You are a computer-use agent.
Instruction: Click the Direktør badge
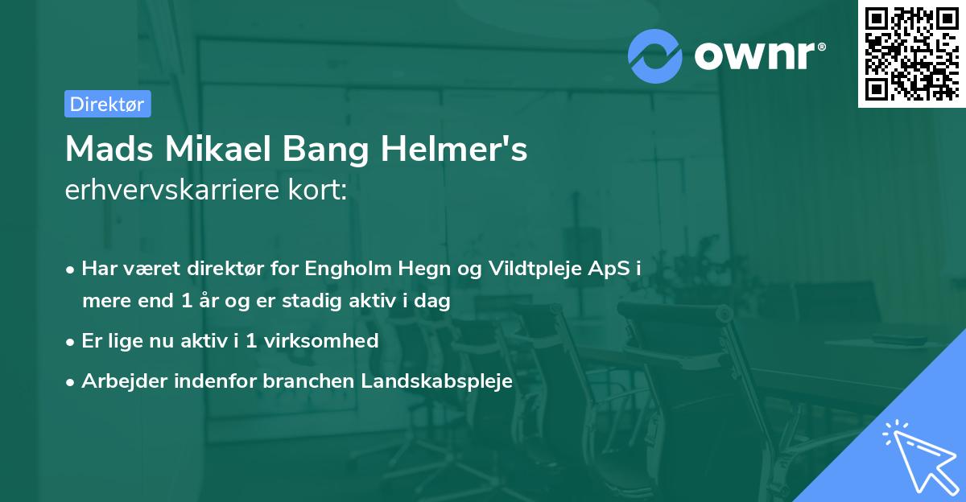pyautogui.click(x=107, y=104)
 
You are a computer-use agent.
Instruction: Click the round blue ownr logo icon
pyautogui.click(x=654, y=56)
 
